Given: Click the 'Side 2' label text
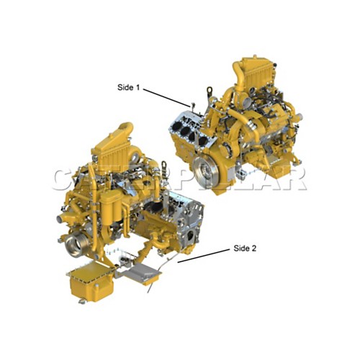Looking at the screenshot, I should pos(244,248).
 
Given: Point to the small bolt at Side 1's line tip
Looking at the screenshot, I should pos(192,106).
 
